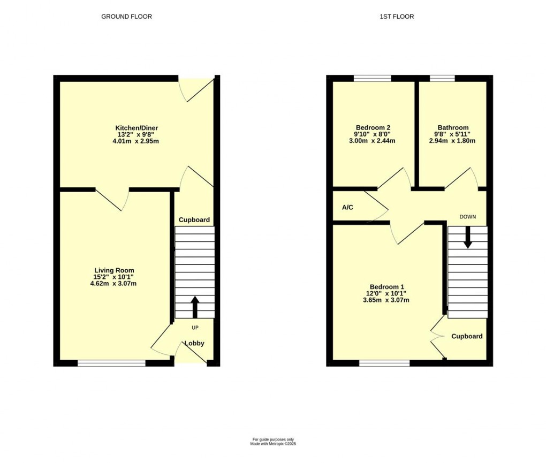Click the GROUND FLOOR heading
tap(126, 17)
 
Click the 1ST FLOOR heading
tap(397, 17)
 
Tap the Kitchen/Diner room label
tap(136, 127)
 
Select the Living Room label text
tap(114, 270)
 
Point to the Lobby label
tap(194, 343)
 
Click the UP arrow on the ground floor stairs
tap(194, 307)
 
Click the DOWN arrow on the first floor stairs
tap(468, 237)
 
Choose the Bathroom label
tap(452, 127)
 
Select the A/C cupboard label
tap(347, 207)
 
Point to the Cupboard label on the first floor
tap(467, 336)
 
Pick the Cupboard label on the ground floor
tap(194, 220)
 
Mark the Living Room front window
tap(111, 363)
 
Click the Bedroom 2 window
tap(372, 78)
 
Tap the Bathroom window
tap(442, 78)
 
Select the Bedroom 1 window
tap(384, 363)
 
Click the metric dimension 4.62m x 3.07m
tap(114, 284)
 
